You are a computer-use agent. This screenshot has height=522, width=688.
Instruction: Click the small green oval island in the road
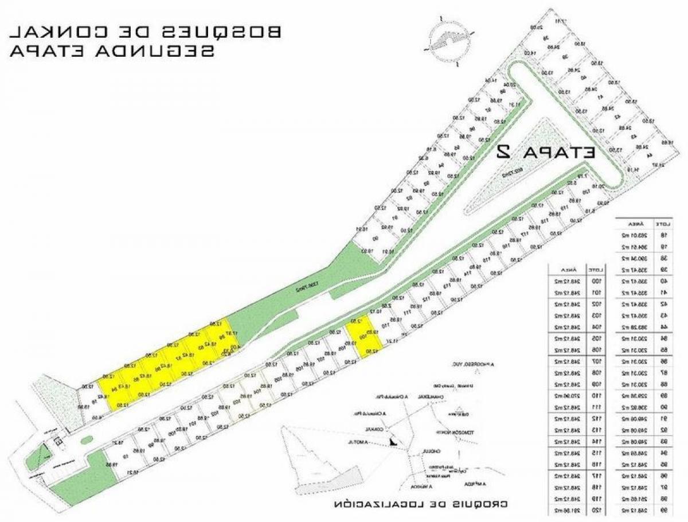click(x=87, y=441)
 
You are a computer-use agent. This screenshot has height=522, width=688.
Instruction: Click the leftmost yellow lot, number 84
click(x=114, y=388)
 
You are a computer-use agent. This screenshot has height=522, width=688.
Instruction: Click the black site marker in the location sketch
click(x=392, y=441)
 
